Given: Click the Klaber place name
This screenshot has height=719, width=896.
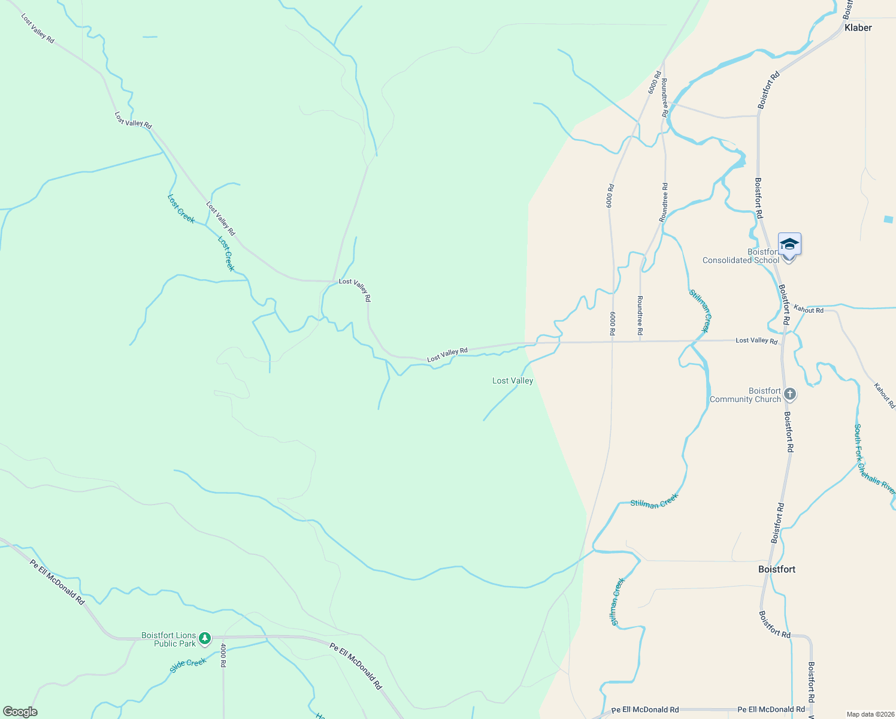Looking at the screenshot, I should pyautogui.click(x=858, y=28).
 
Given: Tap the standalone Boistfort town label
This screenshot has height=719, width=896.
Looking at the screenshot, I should pyautogui.click(x=777, y=569).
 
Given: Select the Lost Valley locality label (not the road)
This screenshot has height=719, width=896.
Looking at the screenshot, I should pyautogui.click(x=512, y=380).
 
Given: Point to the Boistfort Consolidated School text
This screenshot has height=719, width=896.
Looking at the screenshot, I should pyautogui.click(x=741, y=256).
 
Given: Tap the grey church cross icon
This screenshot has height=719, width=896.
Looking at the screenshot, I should pyautogui.click(x=790, y=394).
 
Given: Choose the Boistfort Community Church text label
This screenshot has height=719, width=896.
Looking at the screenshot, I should pyautogui.click(x=745, y=395).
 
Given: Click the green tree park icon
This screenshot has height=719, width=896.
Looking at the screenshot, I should pyautogui.click(x=205, y=639).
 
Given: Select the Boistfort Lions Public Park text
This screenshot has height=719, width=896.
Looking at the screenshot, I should pyautogui.click(x=169, y=639).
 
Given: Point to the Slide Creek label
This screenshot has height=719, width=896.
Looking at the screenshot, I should pyautogui.click(x=188, y=665).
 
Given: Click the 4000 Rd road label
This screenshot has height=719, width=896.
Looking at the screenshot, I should pyautogui.click(x=223, y=655).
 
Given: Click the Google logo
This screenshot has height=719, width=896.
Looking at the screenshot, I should pyautogui.click(x=20, y=712).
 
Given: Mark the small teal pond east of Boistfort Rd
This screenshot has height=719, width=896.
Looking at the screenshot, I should pyautogui.click(x=889, y=219).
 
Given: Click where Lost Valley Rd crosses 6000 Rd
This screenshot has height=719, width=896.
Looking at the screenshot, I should pyautogui.click(x=613, y=342).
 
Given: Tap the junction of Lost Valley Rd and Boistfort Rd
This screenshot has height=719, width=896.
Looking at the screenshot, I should pyautogui.click(x=782, y=341).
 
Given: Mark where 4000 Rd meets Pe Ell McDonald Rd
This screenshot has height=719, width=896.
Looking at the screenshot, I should pyautogui.click(x=223, y=636).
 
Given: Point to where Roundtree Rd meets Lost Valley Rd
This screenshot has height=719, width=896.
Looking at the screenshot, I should pyautogui.click(x=640, y=342).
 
